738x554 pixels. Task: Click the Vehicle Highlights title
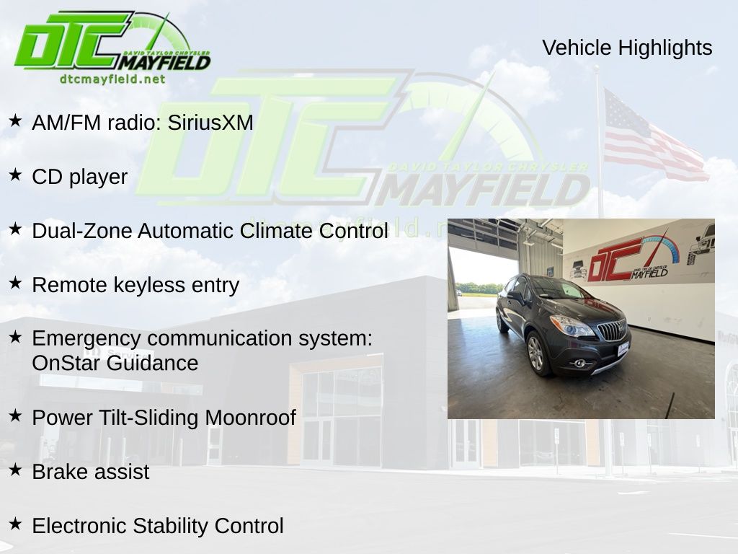coord(627,48)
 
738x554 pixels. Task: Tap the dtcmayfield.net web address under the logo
coord(112,79)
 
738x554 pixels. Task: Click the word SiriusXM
coord(210,123)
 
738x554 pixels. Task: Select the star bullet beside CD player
coord(15,175)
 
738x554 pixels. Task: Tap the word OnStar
coord(66,364)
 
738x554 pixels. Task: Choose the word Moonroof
coord(250,418)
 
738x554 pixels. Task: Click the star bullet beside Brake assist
coord(15,470)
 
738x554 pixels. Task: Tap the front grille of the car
coord(612,329)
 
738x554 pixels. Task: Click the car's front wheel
coord(537,353)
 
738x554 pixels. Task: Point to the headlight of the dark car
coord(571,326)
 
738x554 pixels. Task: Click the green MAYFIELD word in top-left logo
coord(164,62)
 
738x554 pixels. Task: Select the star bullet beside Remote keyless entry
coord(15,283)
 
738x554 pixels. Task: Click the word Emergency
coord(86,339)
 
